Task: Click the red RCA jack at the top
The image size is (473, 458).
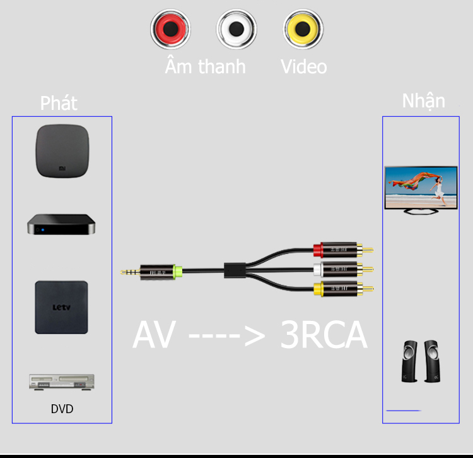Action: (x=170, y=29)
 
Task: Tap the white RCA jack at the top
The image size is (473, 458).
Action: (x=237, y=29)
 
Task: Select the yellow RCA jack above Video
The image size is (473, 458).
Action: (x=303, y=29)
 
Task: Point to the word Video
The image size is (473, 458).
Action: (x=303, y=66)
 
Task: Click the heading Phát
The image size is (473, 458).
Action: (x=59, y=103)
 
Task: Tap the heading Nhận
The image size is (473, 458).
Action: (x=424, y=100)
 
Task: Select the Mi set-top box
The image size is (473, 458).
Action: (x=62, y=151)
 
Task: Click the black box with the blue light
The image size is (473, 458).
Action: (x=61, y=224)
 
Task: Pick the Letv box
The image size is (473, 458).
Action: (x=62, y=307)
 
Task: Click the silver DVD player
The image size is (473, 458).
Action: (x=62, y=382)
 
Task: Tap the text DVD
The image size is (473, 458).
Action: (x=62, y=409)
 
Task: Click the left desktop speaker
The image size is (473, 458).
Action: (x=410, y=361)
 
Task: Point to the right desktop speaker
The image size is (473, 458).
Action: (x=432, y=361)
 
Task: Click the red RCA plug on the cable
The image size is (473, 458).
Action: (x=343, y=250)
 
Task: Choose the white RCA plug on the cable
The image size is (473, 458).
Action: (x=343, y=269)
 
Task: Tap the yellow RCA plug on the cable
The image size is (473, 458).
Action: (x=343, y=289)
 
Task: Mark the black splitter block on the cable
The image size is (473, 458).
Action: (x=235, y=270)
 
